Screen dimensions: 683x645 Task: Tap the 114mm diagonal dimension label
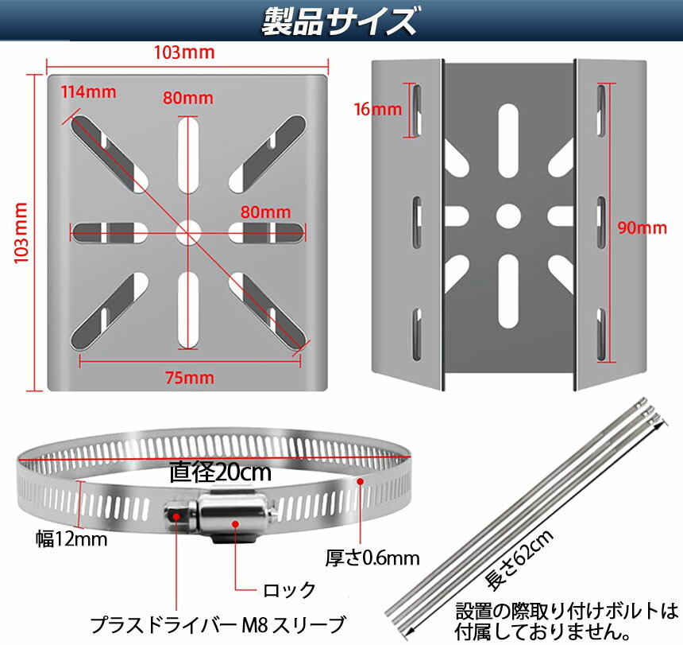[88, 92]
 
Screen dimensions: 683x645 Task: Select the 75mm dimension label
[190, 378]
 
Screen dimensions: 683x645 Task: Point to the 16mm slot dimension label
[378, 109]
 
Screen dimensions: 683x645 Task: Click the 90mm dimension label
[642, 227]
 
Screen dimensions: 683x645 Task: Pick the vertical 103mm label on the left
[21, 233]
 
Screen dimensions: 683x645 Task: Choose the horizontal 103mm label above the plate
[184, 52]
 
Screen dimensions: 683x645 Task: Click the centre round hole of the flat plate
[188, 233]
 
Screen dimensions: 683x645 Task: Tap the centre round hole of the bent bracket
[508, 216]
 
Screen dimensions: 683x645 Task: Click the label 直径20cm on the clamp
[220, 472]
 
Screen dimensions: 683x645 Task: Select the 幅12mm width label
[71, 539]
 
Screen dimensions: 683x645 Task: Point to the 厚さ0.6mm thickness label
[372, 558]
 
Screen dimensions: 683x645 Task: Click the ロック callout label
[289, 590]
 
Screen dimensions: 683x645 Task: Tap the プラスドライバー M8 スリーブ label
[218, 625]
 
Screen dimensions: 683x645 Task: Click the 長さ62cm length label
[519, 560]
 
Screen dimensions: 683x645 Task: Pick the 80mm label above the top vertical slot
[188, 98]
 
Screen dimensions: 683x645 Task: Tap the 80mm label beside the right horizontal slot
[266, 212]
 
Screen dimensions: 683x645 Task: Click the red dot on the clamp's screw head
[176, 516]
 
